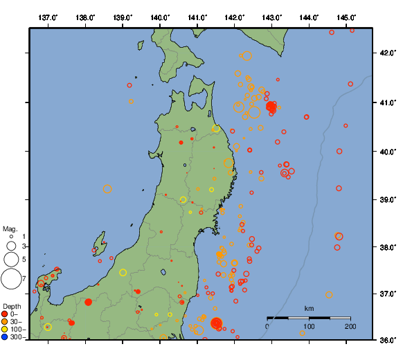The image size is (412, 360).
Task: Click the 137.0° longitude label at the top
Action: pos(48,17)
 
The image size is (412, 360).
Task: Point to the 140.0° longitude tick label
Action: pos(160,17)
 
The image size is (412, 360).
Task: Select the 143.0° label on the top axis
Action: pos(272,17)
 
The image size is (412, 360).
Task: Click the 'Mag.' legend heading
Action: pos(10,228)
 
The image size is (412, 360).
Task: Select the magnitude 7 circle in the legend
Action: pos(10,279)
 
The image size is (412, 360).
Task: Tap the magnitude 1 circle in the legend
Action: pos(10,237)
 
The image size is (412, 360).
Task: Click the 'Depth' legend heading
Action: pos(12,306)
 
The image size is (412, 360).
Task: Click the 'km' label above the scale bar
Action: pos(309,308)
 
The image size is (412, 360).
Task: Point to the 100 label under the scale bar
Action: pos(309,326)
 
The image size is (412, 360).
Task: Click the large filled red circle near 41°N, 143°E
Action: pos(271,106)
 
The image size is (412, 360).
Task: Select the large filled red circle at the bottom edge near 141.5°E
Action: pos(216,323)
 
